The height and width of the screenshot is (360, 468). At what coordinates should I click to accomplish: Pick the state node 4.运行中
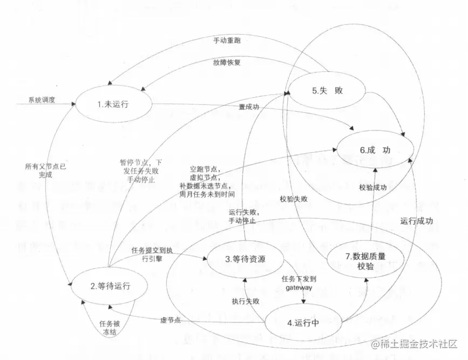pos(303,323)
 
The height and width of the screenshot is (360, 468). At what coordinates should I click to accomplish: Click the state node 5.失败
pos(327,91)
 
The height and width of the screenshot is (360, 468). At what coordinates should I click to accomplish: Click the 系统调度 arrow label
pos(42,100)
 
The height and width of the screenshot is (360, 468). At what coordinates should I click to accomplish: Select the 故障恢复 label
pos(227,62)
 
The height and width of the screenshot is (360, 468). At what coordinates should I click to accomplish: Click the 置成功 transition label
pos(249,107)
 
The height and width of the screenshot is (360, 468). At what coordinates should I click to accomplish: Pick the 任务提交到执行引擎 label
pos(152,254)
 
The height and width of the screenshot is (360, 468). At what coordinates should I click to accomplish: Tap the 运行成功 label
pos(417,221)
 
